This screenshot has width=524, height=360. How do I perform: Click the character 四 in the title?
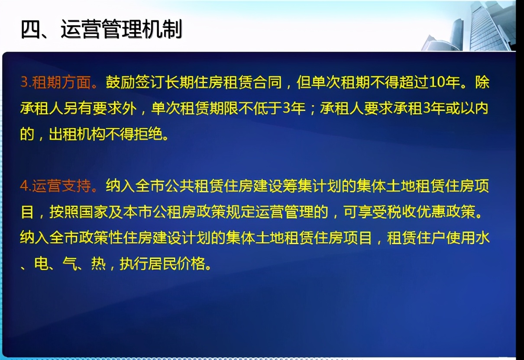click(x=31, y=29)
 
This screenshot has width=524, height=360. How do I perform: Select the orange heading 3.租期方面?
click(x=56, y=82)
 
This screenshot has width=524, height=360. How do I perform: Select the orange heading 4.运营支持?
click(x=56, y=186)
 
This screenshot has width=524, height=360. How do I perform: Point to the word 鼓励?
click(x=120, y=82)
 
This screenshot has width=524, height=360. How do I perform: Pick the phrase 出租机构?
click(x=78, y=134)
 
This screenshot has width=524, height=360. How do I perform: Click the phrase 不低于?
click(x=260, y=108)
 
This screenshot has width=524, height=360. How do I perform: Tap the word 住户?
click(x=431, y=238)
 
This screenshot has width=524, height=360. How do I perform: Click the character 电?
click(x=42, y=264)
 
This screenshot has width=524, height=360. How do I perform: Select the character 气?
click(x=70, y=264)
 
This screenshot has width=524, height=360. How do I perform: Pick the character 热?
click(x=98, y=264)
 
